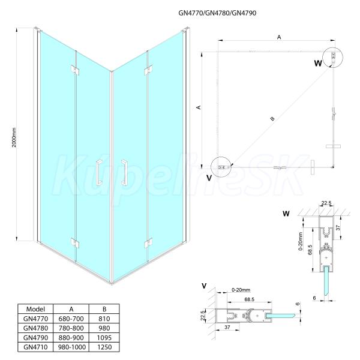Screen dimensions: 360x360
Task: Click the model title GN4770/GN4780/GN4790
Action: pos(217,13)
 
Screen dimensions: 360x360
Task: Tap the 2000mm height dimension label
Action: pos(14,137)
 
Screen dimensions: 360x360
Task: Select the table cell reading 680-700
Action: pos(71,319)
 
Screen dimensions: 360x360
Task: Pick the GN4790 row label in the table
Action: pos(36,337)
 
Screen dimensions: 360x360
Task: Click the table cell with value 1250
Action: pos(104,347)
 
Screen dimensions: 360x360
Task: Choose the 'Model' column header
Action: pos(35,309)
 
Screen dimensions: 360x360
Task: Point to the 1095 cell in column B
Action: pos(104,337)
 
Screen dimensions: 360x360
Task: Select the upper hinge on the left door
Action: pos(76,70)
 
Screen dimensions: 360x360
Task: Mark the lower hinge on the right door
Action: pos(148,244)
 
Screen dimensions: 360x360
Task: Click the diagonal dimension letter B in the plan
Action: pos(272,118)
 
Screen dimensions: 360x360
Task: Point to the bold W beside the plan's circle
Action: pos(318,63)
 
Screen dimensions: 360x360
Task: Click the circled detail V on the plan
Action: pos(221,167)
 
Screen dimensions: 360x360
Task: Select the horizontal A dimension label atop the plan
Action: pos(279,37)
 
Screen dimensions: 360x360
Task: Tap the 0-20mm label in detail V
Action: pos(241,290)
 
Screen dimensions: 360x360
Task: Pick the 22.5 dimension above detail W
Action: pos(326,203)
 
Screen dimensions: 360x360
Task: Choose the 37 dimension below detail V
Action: pos(227,327)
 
